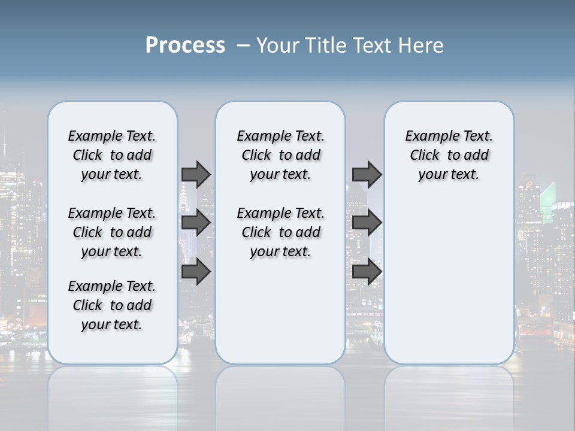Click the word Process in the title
coord(185,45)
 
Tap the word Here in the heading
coord(421,45)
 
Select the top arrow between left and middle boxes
coord(196,174)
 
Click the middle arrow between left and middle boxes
coord(196,223)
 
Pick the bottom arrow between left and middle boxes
coord(196,272)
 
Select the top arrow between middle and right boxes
coord(367,174)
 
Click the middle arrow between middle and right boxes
coord(367,223)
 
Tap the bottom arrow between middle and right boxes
coord(367,272)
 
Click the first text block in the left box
coord(112,155)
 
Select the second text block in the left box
coord(112,232)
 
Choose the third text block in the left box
coord(112,305)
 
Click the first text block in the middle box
coord(281,155)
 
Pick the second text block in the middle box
coord(281,232)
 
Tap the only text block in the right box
coord(449,155)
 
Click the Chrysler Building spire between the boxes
coord(183,195)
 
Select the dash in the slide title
coord(243,45)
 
